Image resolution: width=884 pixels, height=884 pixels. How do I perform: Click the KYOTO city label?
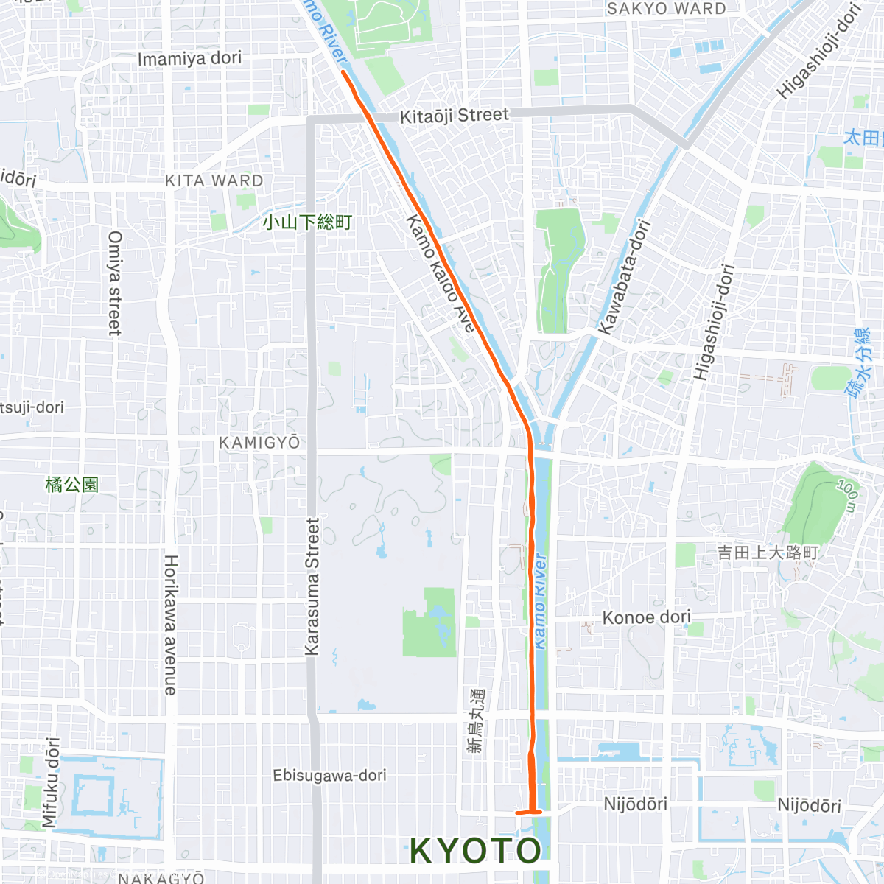click(x=475, y=850)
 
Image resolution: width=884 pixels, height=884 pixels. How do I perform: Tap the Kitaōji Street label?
click(x=454, y=116)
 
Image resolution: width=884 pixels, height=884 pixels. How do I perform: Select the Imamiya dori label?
click(x=189, y=58)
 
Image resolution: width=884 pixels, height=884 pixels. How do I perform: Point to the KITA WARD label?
click(x=214, y=180)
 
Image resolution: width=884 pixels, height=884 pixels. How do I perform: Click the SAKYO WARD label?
click(x=666, y=9)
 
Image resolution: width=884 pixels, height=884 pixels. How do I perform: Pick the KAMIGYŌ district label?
click(x=259, y=443)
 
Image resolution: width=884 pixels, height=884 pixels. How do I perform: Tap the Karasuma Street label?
click(x=313, y=586)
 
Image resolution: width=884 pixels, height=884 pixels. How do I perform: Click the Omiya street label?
click(x=115, y=283)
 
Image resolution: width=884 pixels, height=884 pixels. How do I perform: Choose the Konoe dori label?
click(x=646, y=617)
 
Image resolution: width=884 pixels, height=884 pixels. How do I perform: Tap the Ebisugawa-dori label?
click(x=329, y=775)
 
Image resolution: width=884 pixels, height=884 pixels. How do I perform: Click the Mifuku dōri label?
click(x=51, y=782)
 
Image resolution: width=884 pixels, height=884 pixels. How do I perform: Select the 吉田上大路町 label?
click(x=768, y=552)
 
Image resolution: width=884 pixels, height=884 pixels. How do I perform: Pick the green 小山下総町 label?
click(x=307, y=222)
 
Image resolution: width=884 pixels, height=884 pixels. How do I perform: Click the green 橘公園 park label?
click(x=71, y=484)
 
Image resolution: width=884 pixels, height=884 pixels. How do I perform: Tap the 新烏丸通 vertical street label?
click(x=477, y=720)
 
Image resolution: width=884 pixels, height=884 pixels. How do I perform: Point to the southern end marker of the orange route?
click(x=529, y=812)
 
